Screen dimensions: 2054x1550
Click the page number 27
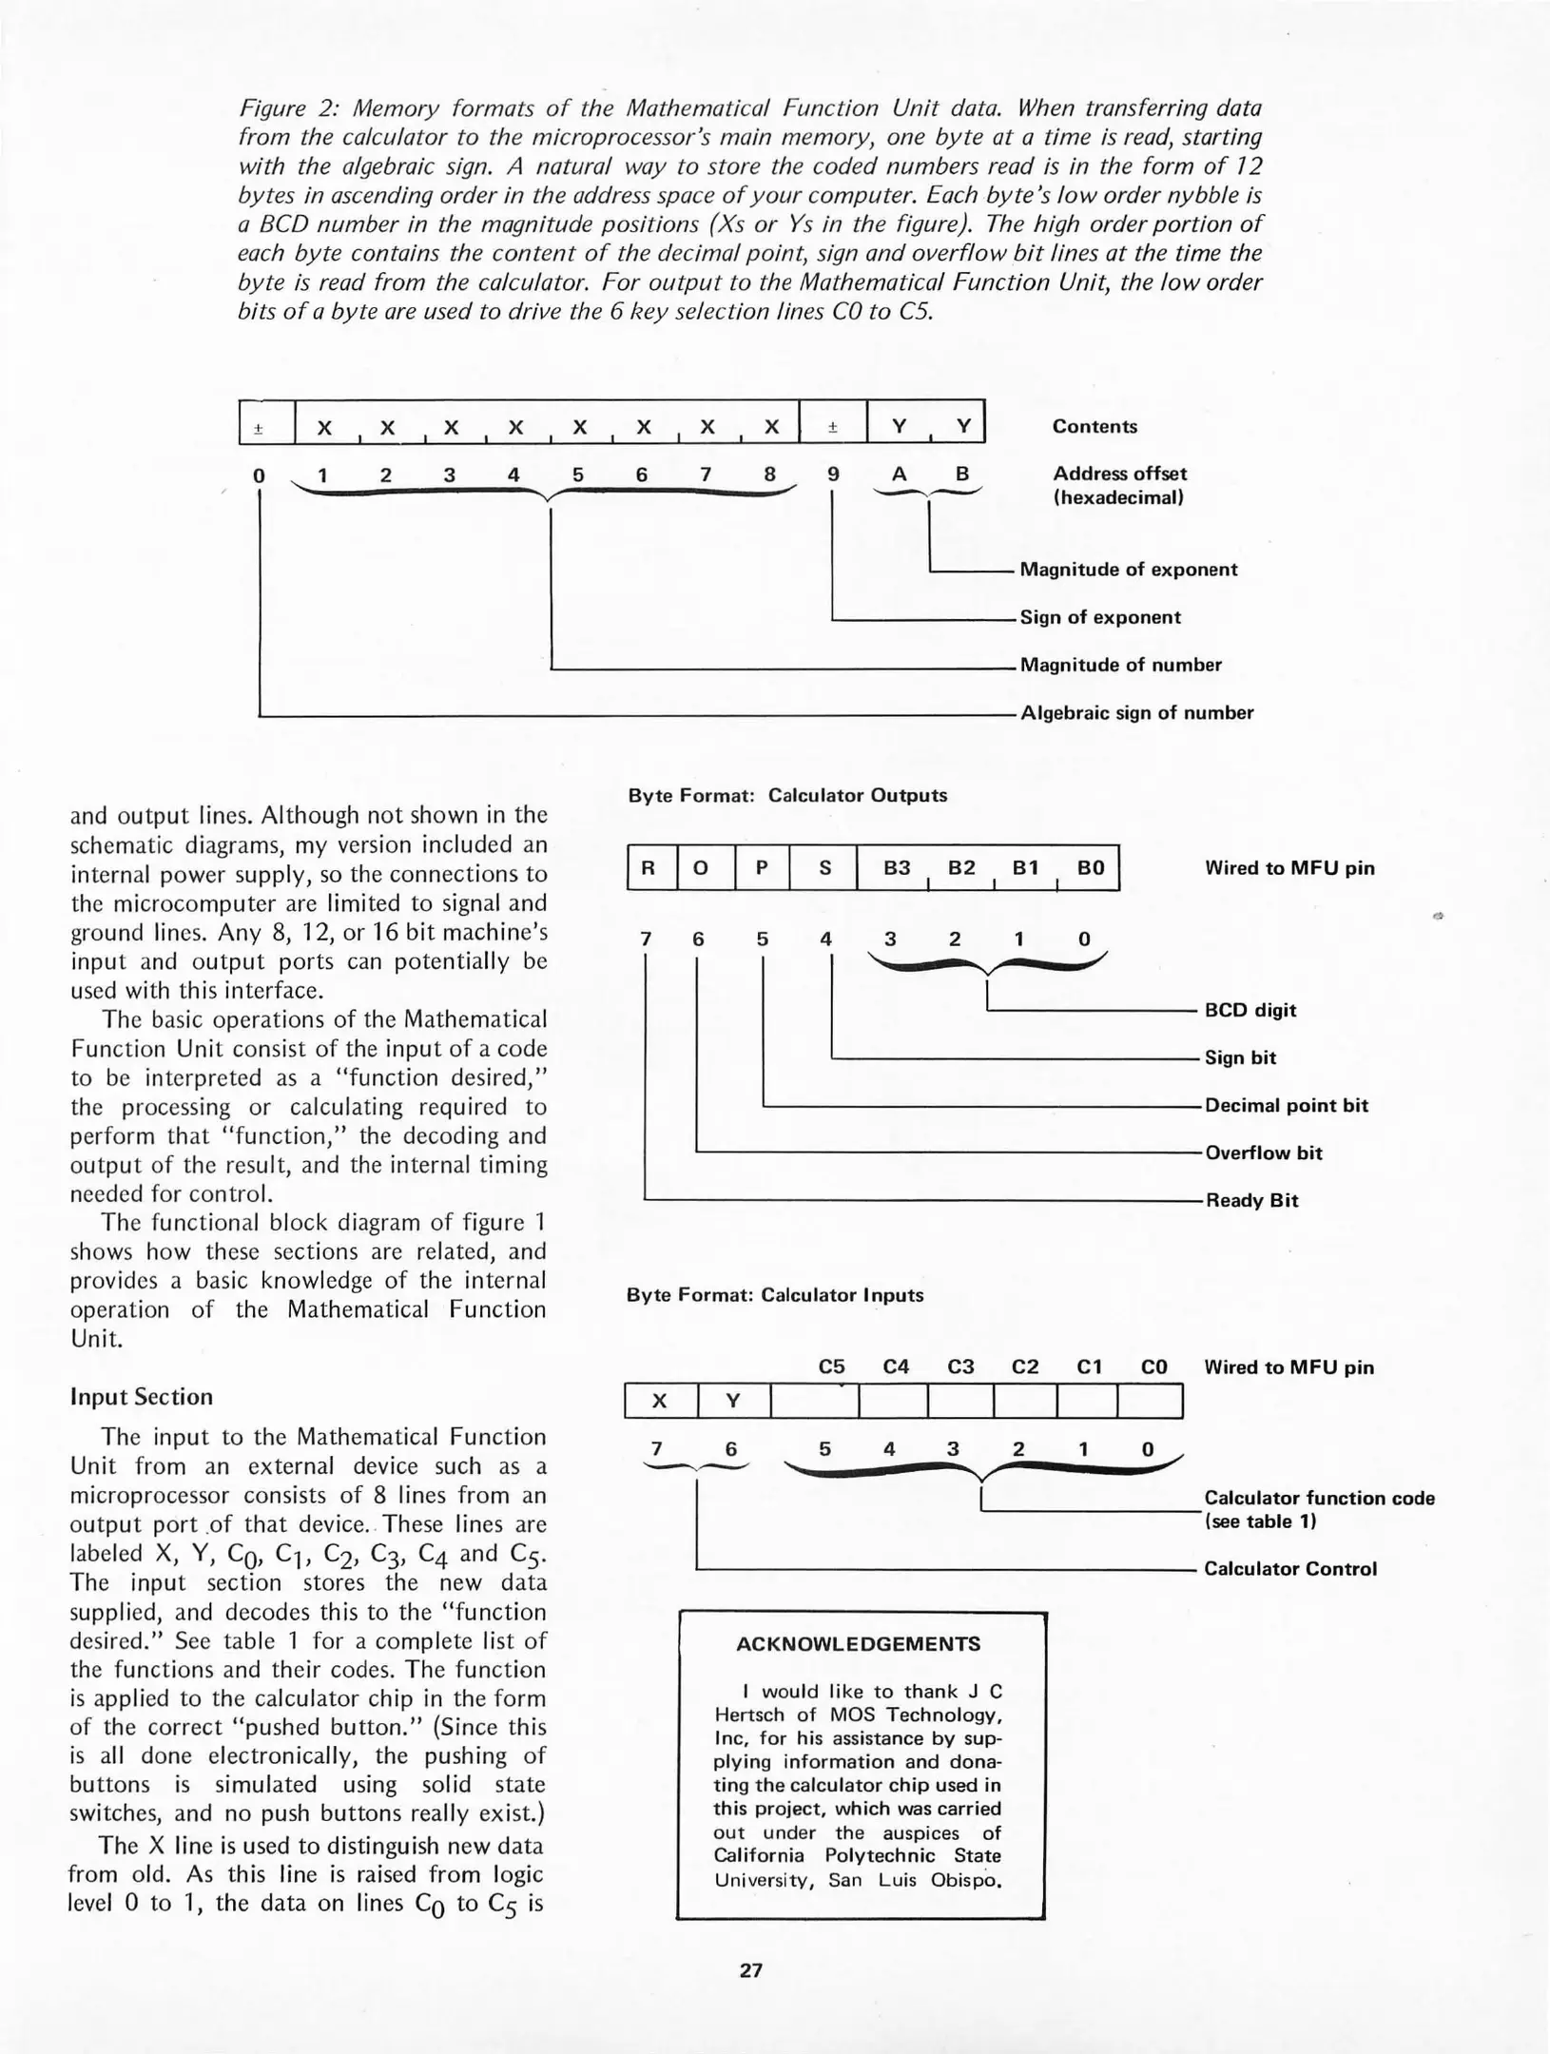(750, 1969)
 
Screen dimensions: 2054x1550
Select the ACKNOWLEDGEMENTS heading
(858, 1643)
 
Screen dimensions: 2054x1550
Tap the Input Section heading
(142, 1396)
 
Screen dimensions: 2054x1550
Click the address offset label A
(899, 474)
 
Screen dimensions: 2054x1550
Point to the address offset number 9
(833, 474)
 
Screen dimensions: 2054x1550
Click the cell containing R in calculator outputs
(649, 867)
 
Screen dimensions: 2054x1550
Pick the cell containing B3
(896, 867)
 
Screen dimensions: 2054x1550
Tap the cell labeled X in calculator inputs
(660, 1400)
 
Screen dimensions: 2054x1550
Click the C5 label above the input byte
(831, 1366)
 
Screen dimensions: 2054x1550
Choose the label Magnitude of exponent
(1128, 570)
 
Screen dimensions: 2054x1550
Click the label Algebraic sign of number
(1136, 712)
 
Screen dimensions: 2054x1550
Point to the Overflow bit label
(1263, 1153)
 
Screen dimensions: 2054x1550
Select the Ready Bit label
(1251, 1200)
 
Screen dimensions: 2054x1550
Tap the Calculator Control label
(1289, 1568)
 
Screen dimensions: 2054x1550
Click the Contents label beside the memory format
(1094, 426)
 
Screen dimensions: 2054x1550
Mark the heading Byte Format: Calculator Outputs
(787, 795)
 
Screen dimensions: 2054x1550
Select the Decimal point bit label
(1286, 1105)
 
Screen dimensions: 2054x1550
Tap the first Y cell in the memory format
(899, 426)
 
